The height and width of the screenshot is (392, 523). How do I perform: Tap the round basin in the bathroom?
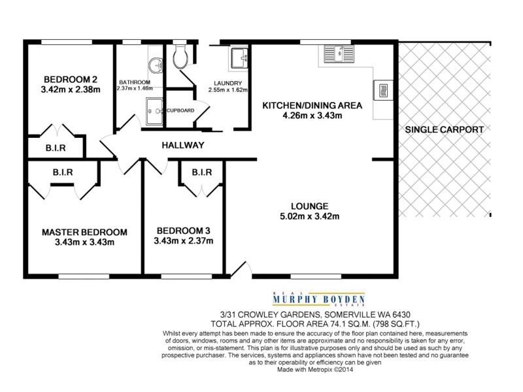(156, 65)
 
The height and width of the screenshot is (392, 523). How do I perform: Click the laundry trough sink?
(239, 59)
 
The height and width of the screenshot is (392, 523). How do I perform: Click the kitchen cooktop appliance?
(382, 90)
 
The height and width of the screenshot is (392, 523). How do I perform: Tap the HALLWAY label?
(184, 145)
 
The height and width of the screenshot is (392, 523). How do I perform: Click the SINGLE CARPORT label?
(445, 129)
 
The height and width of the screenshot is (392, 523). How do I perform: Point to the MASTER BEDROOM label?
(84, 232)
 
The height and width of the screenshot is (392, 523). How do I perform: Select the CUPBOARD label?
(180, 110)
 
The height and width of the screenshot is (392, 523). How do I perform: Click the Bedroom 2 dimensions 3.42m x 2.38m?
(70, 90)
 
